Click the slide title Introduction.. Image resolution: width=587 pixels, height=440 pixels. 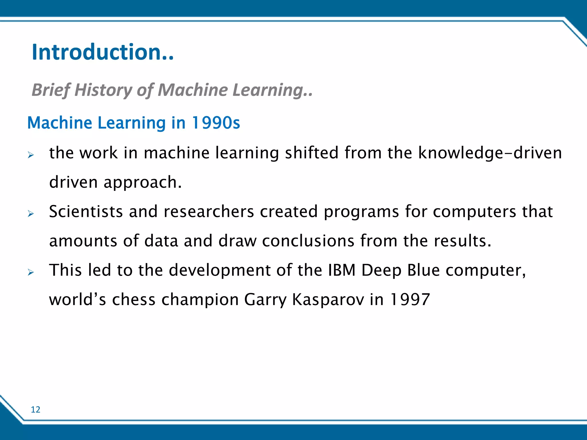(103, 52)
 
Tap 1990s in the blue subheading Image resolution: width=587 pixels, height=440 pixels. (216, 123)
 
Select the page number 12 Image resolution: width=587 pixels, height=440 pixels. (36, 410)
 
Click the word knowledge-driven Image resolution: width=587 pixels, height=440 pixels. (490, 153)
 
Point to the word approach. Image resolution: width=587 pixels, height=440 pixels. (142, 182)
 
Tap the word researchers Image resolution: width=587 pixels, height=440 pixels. (209, 212)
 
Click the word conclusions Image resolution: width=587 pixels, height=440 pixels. (308, 241)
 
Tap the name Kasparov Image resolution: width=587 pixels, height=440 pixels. (328, 300)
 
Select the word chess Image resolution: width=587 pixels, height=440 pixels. (134, 300)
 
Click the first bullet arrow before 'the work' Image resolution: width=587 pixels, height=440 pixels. (31, 155)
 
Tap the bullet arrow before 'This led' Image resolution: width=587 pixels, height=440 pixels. (31, 272)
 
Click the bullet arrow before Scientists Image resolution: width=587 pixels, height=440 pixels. (31, 214)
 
